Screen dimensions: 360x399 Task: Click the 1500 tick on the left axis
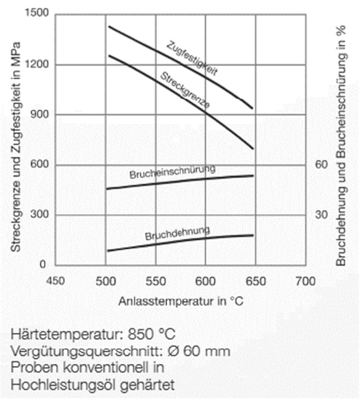point(37,13)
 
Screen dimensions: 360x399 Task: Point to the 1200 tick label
point(37,64)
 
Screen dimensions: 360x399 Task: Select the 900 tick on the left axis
point(39,114)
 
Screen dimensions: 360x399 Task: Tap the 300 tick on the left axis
point(39,214)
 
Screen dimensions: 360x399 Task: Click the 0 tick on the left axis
point(43,264)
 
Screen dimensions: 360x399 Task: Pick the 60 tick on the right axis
point(321,164)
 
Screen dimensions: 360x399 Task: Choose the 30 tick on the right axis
point(321,214)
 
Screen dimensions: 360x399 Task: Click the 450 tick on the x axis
point(55,281)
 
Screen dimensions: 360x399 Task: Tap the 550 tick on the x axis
point(156,281)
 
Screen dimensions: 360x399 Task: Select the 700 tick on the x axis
point(306,281)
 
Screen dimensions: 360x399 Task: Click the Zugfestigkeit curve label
point(192,58)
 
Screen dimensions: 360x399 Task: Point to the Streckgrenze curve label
point(185,89)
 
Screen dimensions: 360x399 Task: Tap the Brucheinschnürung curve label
point(173,172)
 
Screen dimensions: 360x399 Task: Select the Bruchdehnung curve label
point(177,233)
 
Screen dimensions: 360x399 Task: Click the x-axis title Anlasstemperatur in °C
point(181,301)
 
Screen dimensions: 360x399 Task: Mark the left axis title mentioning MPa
point(15,147)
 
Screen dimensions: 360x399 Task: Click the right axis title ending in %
point(341,145)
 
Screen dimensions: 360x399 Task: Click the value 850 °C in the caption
point(152,334)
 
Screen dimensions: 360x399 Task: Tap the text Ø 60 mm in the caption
point(199,351)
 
